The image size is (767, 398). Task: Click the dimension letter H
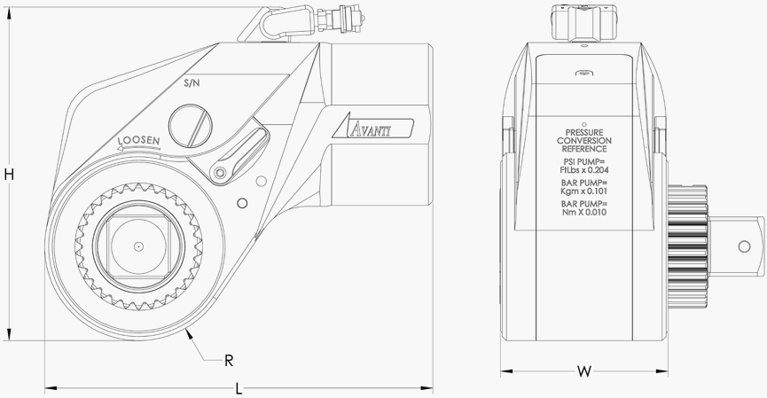click(x=9, y=176)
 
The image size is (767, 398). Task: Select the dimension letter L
click(x=239, y=388)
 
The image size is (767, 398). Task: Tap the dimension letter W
click(x=583, y=371)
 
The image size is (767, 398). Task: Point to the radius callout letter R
click(x=229, y=360)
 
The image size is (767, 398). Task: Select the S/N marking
click(x=192, y=82)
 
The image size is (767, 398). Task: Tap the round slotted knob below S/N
click(x=192, y=125)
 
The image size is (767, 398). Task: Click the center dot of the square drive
click(x=139, y=246)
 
